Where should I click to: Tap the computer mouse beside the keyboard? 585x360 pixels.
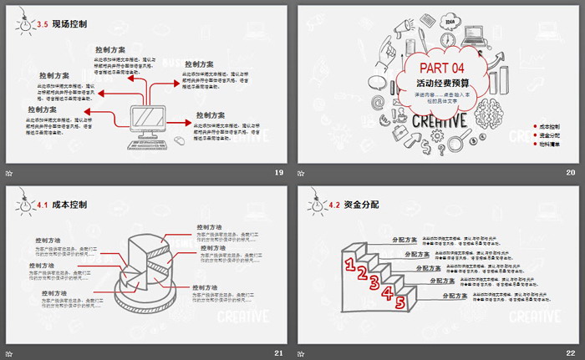click(x=179, y=141)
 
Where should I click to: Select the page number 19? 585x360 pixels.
click(x=278, y=172)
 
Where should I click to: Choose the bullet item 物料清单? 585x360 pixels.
click(x=549, y=145)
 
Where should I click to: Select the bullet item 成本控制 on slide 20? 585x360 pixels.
click(x=549, y=126)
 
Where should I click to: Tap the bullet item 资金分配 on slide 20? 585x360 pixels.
click(x=549, y=135)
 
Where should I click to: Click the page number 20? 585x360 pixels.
click(x=571, y=172)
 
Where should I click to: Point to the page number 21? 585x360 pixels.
click(x=278, y=352)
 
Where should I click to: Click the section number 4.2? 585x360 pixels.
click(x=333, y=204)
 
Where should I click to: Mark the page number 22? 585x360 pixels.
click(x=571, y=352)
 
